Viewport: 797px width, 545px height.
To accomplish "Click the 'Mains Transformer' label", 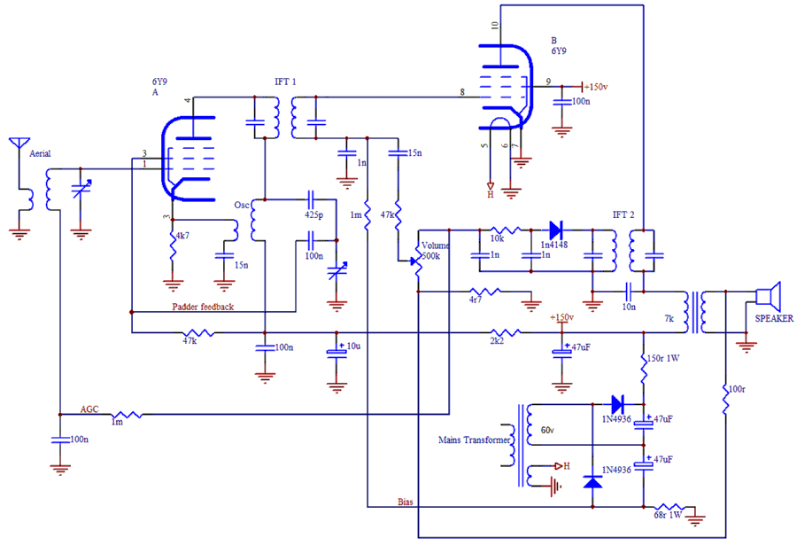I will tap(474, 439).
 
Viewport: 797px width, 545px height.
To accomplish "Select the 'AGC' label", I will tap(89, 409).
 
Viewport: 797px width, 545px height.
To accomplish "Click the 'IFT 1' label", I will tap(285, 82).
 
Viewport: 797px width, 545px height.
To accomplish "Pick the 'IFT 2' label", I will tap(624, 215).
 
